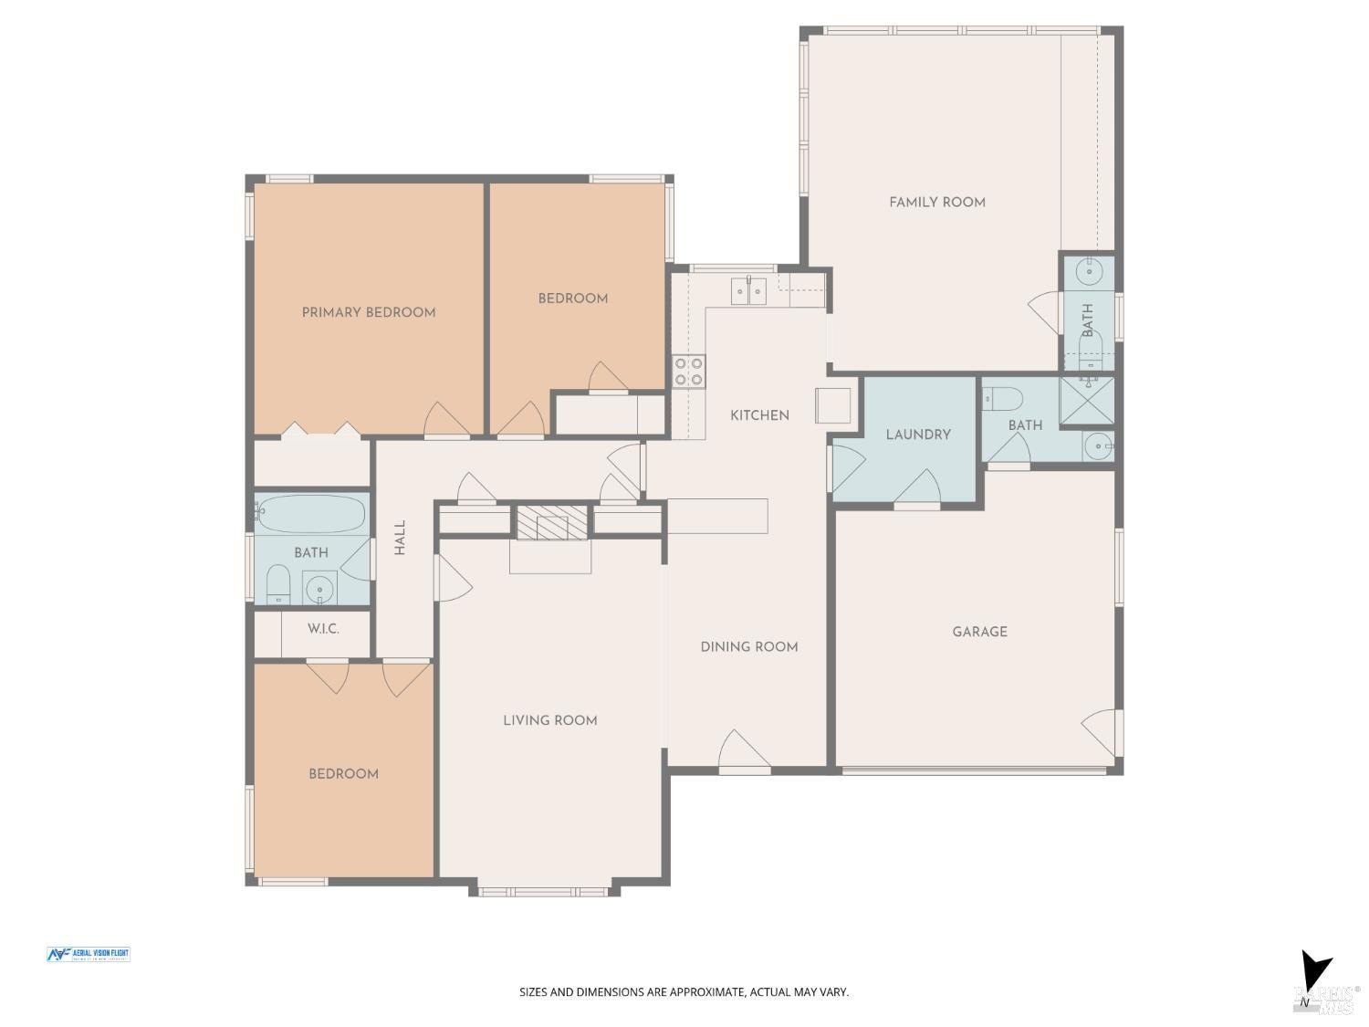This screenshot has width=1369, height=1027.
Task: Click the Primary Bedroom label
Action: pyautogui.click(x=368, y=312)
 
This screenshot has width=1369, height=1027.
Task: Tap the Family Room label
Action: pyautogui.click(x=937, y=202)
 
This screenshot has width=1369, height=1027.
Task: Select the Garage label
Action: pyautogui.click(x=979, y=632)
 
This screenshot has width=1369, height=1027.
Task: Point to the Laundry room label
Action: pyautogui.click(x=918, y=435)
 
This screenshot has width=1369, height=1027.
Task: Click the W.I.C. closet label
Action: pyautogui.click(x=323, y=629)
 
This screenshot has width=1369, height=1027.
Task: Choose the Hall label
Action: pyautogui.click(x=400, y=538)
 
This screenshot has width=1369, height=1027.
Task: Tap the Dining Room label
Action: pyautogui.click(x=748, y=646)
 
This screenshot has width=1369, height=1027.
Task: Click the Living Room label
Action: pyautogui.click(x=550, y=720)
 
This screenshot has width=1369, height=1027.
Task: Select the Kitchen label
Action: pyautogui.click(x=759, y=415)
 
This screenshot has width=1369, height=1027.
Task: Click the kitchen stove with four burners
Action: pyautogui.click(x=689, y=371)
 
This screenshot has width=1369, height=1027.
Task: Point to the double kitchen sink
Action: pyautogui.click(x=748, y=291)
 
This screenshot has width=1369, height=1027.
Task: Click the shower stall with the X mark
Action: pyautogui.click(x=1086, y=401)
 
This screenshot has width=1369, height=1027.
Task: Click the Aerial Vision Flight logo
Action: pyautogui.click(x=88, y=955)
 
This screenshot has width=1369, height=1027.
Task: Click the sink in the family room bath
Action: pyautogui.click(x=1088, y=271)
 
